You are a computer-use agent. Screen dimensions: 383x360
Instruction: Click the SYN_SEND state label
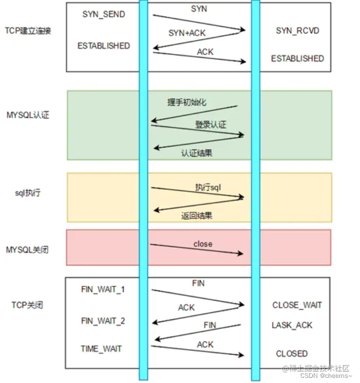pyautogui.click(x=103, y=14)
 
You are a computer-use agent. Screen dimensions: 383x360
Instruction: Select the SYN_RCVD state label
pyautogui.click(x=297, y=31)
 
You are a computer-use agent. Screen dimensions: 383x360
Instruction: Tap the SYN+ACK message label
pyautogui.click(x=186, y=33)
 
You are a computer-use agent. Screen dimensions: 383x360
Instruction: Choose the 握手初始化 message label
pyautogui.click(x=186, y=102)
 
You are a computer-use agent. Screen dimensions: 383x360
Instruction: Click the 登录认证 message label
pyautogui.click(x=211, y=125)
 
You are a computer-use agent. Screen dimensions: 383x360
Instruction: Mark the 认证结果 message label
pyautogui.click(x=197, y=153)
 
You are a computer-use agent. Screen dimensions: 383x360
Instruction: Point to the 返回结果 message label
pyautogui.click(x=197, y=216)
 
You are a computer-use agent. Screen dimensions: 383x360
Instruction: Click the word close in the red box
pyautogui.click(x=203, y=244)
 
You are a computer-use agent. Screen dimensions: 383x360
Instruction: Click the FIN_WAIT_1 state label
pyautogui.click(x=103, y=289)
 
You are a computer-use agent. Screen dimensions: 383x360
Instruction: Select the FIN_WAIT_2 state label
pyautogui.click(x=103, y=321)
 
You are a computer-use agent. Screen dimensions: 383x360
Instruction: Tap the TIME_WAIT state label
pyautogui.click(x=101, y=349)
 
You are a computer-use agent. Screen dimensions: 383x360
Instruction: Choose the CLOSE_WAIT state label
pyautogui.click(x=297, y=305)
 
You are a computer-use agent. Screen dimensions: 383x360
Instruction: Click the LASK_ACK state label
pyautogui.click(x=292, y=325)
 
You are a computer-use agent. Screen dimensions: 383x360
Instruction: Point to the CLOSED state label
pyautogui.click(x=292, y=354)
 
